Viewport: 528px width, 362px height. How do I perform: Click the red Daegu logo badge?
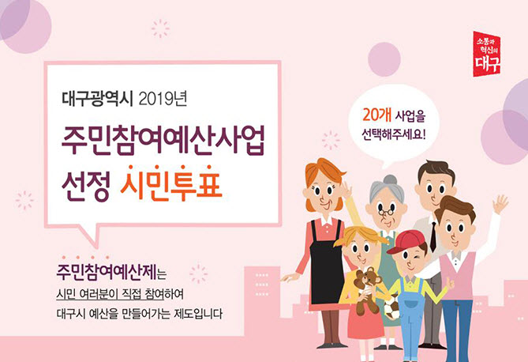pyautogui.click(x=487, y=54)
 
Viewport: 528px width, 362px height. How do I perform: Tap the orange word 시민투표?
pyautogui.click(x=171, y=184)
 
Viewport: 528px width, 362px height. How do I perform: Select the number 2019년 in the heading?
pyautogui.click(x=163, y=99)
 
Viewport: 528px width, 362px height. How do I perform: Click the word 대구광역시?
pyautogui.click(x=98, y=99)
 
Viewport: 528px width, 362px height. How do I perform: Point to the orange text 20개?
pyautogui.click(x=376, y=115)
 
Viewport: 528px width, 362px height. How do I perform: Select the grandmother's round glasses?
pyautogui.click(x=386, y=212)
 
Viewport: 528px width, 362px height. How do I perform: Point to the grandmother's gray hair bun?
pyautogui.click(x=390, y=179)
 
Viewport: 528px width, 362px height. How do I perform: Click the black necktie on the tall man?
pyautogui.click(x=433, y=236)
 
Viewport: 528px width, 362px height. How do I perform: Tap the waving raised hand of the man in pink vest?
pyautogui.click(x=500, y=204)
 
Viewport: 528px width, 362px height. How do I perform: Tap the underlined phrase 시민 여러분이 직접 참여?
pyautogui.click(x=110, y=294)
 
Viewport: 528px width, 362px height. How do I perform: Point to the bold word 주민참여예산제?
pyautogui.click(x=107, y=272)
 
